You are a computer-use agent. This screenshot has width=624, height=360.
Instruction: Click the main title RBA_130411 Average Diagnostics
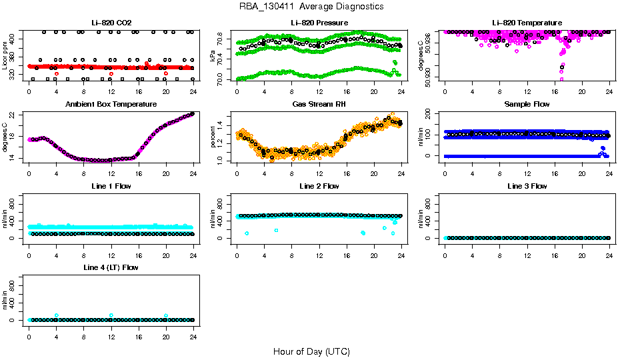[312, 7]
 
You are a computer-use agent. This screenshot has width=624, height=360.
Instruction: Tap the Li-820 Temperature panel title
[527, 23]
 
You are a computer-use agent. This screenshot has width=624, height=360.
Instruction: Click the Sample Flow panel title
[527, 105]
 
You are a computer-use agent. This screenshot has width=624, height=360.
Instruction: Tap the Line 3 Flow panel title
[527, 186]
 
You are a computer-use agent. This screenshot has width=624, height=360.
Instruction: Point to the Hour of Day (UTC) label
[311, 351]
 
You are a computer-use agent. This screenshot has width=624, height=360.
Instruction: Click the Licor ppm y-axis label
[5, 55]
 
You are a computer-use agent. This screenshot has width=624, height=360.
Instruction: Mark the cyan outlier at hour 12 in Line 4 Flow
[111, 315]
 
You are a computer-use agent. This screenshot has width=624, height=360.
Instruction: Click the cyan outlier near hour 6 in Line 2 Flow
[276, 230]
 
